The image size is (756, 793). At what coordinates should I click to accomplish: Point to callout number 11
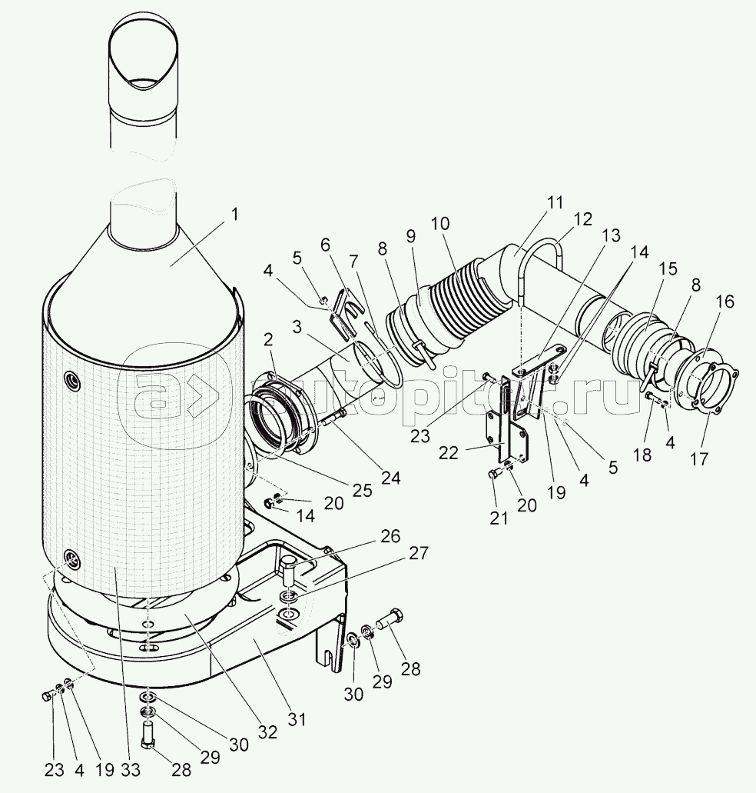tap(555, 204)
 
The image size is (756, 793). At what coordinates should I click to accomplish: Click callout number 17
tap(698, 459)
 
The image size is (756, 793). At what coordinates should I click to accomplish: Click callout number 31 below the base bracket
tap(297, 720)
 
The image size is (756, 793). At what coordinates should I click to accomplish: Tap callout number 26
tap(390, 536)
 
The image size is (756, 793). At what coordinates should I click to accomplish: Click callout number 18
tap(642, 455)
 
